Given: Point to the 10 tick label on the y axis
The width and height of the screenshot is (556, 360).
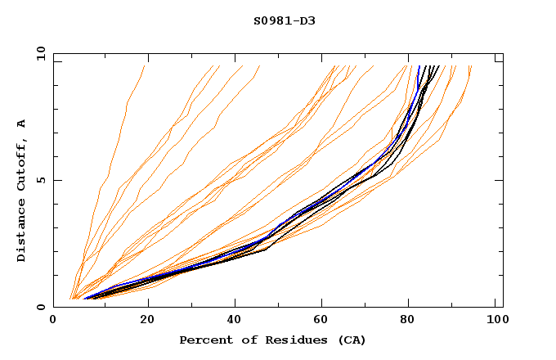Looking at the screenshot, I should click(40, 53).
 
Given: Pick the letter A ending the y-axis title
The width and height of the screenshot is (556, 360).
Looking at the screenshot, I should click(22, 123).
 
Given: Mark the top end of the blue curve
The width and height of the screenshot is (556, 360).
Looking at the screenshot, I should click(419, 66).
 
